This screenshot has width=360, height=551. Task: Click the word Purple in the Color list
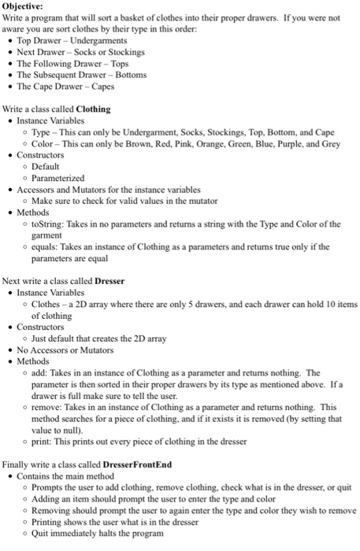[270, 144]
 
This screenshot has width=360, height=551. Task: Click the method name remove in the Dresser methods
[46, 408]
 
